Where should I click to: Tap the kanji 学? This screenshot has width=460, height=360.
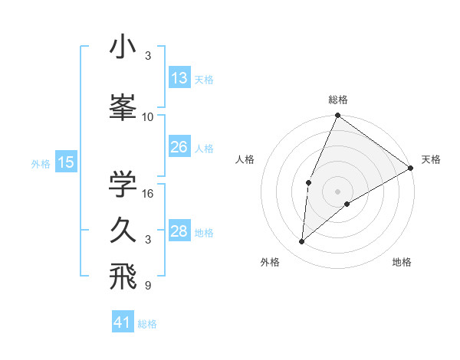pos(123,184)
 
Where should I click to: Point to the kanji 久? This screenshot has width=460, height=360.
pos(123,230)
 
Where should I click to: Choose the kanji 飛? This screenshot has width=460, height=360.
pos(123,277)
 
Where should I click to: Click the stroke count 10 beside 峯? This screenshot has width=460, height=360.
pos(148,117)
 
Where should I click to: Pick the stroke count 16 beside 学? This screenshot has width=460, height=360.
pos(148,194)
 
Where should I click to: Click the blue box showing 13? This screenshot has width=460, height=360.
pos(179,78)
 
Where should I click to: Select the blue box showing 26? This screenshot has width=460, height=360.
pos(179,146)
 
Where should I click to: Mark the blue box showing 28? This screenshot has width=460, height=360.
pos(179,231)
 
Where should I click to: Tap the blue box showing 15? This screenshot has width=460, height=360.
pos(65,162)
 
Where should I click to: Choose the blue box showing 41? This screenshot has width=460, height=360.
pos(123,322)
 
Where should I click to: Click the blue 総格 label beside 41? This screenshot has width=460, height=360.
pos(147,324)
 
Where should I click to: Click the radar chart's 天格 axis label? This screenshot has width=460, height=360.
pos(431,159)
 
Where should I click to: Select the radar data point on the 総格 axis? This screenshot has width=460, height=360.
pos(337,116)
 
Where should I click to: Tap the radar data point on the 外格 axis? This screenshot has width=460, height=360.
pos(302,241)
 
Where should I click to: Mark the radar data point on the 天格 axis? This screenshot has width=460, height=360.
pos(411,168)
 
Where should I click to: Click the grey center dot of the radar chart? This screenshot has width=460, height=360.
pos(337,190)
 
